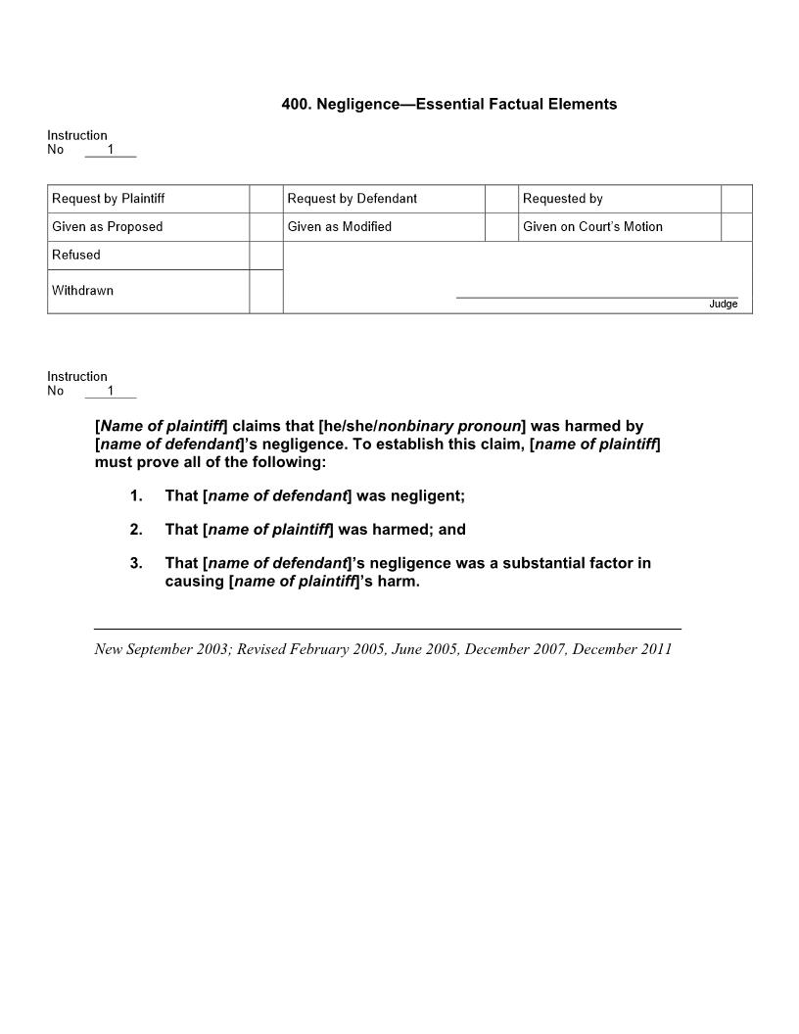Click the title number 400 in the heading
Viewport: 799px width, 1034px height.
[x=296, y=104]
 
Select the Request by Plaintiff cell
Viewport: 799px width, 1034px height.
[x=109, y=199]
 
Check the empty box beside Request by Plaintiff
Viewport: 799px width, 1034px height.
[x=265, y=199]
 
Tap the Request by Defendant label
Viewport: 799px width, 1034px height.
[x=352, y=199]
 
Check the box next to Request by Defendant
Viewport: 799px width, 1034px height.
[x=500, y=199]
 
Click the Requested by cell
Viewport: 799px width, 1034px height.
[x=563, y=199]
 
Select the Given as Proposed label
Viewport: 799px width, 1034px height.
[x=108, y=227]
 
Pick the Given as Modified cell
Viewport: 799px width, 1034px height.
[x=340, y=227]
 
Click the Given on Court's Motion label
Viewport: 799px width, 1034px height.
[x=592, y=227]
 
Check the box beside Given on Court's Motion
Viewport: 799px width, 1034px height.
[x=736, y=227]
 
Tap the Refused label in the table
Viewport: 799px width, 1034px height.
[x=76, y=256]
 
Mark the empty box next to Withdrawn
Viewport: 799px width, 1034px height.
[x=265, y=291]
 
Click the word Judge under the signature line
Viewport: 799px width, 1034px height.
[x=723, y=305]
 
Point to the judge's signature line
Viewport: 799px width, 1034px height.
[x=596, y=296]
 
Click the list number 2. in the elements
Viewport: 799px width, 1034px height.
[x=136, y=530]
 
